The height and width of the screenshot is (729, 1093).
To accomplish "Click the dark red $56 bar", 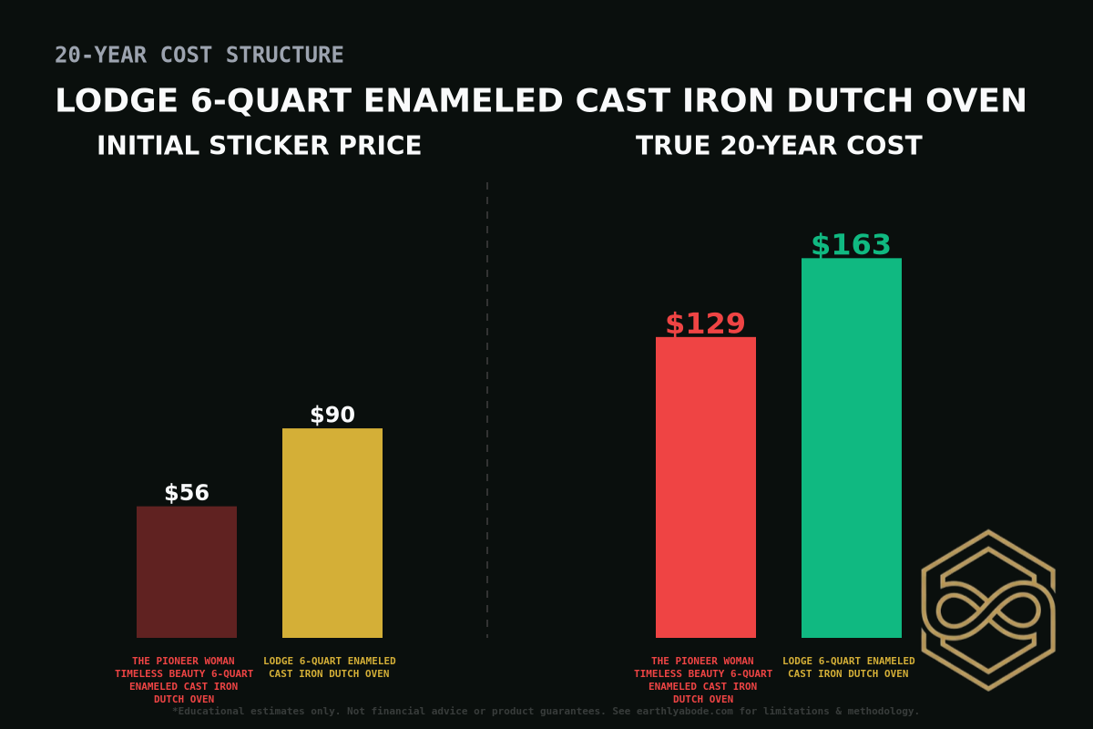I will (187, 571).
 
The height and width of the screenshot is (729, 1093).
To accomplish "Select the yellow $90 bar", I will (332, 532).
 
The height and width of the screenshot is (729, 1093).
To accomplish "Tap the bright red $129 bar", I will (706, 487).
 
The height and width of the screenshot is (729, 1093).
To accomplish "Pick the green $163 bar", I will (852, 447).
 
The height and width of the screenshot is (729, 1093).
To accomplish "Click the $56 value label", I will (187, 493).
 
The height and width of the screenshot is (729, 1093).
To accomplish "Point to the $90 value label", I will (332, 416).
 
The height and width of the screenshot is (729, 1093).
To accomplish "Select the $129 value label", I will (706, 323).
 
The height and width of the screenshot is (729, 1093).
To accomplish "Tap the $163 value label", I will (852, 245).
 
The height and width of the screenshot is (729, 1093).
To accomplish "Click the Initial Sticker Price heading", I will (260, 146).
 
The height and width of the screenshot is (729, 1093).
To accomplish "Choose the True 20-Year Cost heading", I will (779, 146).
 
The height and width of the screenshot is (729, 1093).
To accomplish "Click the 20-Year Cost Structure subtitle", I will (199, 55).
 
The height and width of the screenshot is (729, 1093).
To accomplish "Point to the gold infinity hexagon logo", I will (988, 610).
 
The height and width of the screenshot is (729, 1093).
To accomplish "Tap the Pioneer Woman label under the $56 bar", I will (184, 680).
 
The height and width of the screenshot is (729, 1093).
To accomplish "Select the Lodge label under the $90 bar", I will (330, 667).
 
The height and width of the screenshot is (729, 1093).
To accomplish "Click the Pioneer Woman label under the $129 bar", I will (703, 680).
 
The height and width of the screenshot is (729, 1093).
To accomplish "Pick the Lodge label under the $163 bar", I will (849, 667).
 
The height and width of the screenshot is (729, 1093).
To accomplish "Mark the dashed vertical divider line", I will (487, 410).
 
